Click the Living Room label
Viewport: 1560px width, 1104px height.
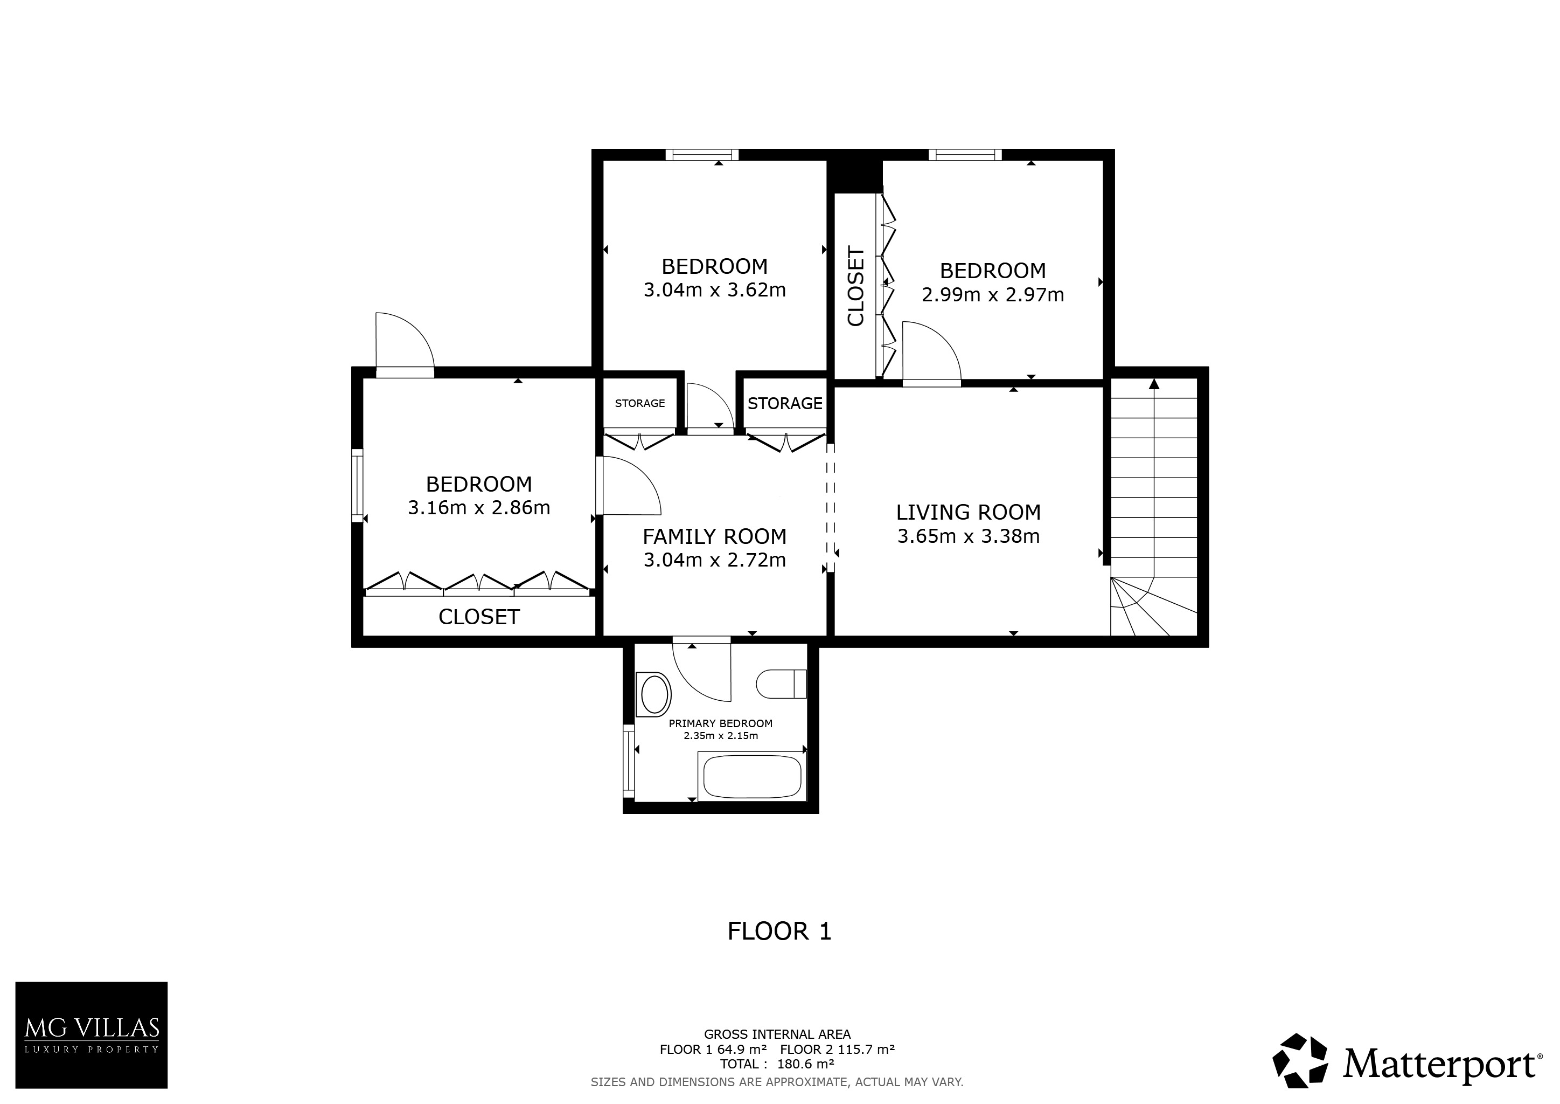968,512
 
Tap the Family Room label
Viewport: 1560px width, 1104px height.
715,536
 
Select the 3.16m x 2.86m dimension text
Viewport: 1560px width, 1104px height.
479,508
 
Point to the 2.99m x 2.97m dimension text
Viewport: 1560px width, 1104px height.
993,294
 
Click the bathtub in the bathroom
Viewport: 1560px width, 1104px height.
751,777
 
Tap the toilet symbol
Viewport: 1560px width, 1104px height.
782,684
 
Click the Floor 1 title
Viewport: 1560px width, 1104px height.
779,931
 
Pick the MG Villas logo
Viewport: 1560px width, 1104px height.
92,1034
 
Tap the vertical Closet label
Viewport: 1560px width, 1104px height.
856,286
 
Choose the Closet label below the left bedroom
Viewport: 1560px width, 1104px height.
479,617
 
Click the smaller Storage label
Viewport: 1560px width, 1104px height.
640,403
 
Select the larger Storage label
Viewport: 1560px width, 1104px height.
785,403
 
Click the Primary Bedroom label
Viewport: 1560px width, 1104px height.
721,723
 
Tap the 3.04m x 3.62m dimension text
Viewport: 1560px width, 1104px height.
715,290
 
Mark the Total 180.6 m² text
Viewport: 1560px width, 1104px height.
777,1064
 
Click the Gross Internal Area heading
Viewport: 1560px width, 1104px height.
777,1034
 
